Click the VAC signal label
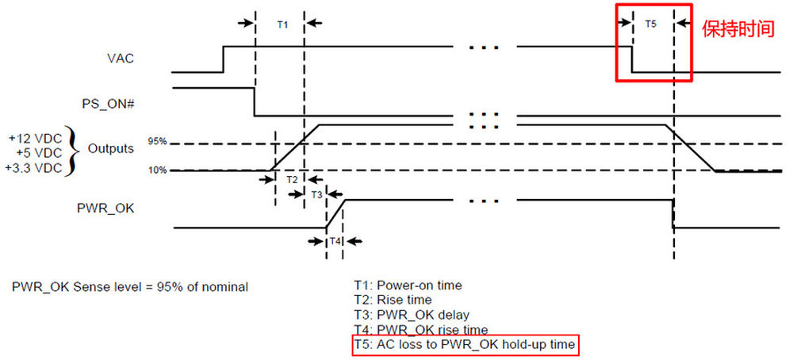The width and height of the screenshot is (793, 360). [121, 59]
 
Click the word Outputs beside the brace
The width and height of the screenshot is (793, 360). [110, 148]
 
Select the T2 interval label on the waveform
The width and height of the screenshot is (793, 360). [292, 180]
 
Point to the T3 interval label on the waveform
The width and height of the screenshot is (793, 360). [316, 193]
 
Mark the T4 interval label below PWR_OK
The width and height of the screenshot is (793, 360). [335, 241]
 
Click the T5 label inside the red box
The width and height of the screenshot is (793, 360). [650, 25]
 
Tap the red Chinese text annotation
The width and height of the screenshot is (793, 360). [737, 29]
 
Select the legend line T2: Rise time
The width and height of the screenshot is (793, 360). [393, 300]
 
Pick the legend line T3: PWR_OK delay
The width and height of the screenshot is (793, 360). [412, 315]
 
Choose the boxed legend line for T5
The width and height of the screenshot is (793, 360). [465, 344]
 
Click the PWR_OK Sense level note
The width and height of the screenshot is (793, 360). [129, 286]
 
